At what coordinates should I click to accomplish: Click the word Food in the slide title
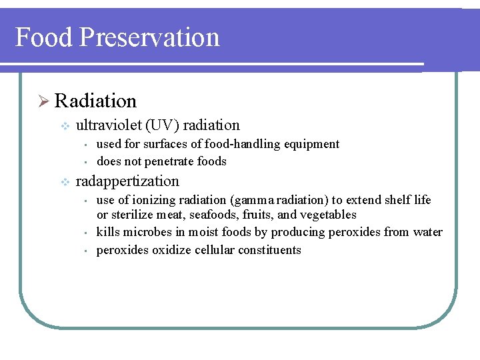point(43,37)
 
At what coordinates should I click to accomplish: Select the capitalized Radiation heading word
point(95,101)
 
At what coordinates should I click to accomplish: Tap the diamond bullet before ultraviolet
point(64,125)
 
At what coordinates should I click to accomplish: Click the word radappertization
point(127,181)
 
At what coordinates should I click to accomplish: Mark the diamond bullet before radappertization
point(64,181)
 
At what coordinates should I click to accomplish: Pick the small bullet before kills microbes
point(86,233)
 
